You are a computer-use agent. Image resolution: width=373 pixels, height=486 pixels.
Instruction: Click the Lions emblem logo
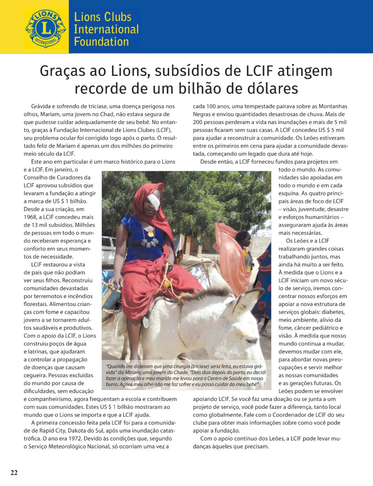point(46,28)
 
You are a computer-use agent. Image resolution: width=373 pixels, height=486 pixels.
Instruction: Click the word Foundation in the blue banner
point(101,42)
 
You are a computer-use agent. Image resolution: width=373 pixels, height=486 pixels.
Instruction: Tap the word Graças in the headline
point(62,71)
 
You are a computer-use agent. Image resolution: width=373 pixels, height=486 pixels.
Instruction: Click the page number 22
point(14,472)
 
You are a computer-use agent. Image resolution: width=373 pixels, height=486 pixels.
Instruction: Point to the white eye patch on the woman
point(153,201)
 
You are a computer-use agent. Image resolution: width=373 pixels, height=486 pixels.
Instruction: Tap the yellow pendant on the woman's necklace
point(150,233)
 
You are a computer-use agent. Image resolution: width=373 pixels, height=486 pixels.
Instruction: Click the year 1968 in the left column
point(30,217)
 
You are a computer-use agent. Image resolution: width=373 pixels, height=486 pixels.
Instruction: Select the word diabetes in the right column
point(333,312)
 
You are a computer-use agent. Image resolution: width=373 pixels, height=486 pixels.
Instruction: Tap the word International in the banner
point(106,29)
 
